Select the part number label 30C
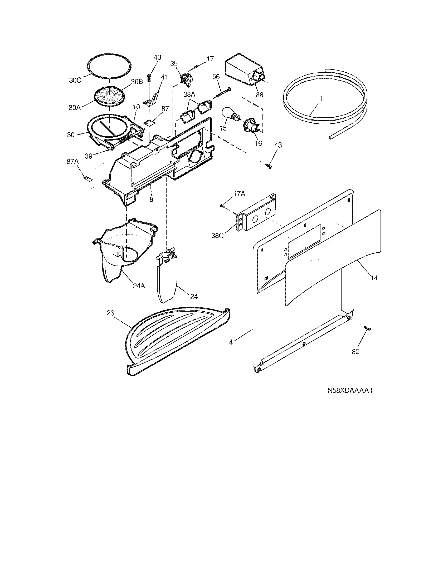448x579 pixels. pyautogui.click(x=75, y=80)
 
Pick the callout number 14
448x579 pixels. pyautogui.click(x=374, y=278)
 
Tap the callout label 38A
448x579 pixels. pyautogui.click(x=189, y=94)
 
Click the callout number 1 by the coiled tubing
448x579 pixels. pyautogui.click(x=321, y=98)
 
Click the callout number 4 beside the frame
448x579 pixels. pyautogui.click(x=231, y=342)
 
